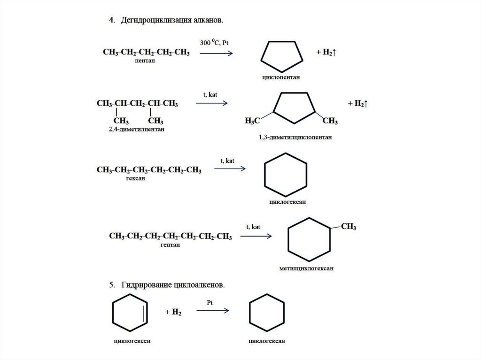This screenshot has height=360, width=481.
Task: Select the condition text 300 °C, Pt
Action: pos(214,43)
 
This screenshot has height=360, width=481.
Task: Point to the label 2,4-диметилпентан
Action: pos(136,128)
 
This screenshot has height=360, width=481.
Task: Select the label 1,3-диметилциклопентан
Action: pos(295,138)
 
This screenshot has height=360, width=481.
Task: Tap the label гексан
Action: pos(135,178)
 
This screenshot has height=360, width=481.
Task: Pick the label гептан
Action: pos(169,245)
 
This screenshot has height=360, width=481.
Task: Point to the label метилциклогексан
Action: pos(306,269)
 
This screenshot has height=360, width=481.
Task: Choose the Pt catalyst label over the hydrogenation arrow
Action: pos(210,303)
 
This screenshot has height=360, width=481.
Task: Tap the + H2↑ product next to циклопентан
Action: pos(325,52)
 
